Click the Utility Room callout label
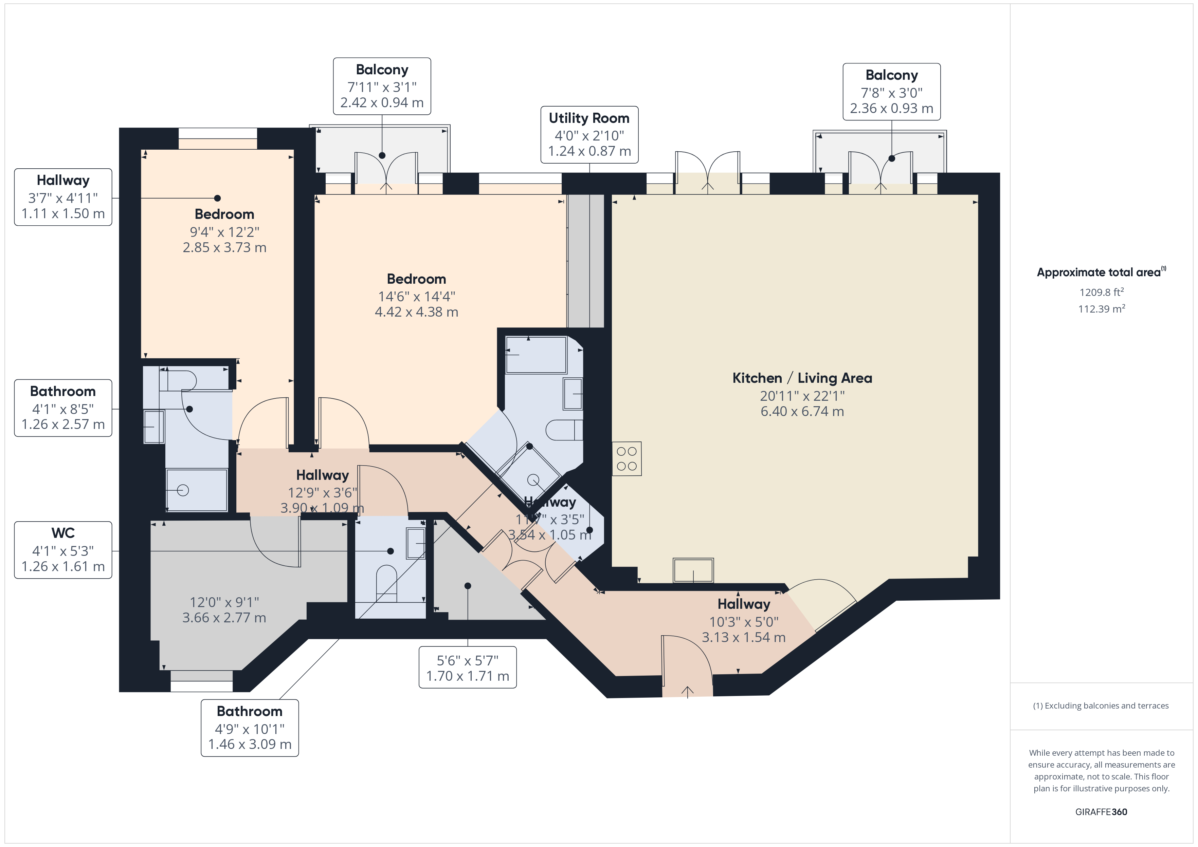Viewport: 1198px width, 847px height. [589, 135]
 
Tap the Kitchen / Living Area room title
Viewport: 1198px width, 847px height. [802, 378]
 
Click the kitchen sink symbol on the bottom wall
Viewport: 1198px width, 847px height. [693, 570]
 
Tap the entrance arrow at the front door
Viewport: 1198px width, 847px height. [687, 692]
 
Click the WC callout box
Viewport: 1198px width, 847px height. [63, 550]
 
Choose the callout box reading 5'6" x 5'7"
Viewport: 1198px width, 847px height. [468, 667]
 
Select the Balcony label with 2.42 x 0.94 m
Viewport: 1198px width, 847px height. [382, 86]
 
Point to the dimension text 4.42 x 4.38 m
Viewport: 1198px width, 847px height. [416, 312]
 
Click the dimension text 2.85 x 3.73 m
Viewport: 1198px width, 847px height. [224, 248]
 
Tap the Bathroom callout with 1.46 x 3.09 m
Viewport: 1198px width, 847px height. [250, 728]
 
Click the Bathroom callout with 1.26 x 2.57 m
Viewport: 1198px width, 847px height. [63, 408]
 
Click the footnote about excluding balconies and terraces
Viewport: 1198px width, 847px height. [1101, 705]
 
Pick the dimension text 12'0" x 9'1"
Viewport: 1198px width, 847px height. [224, 602]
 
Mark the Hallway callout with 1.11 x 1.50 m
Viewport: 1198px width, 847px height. [63, 197]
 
